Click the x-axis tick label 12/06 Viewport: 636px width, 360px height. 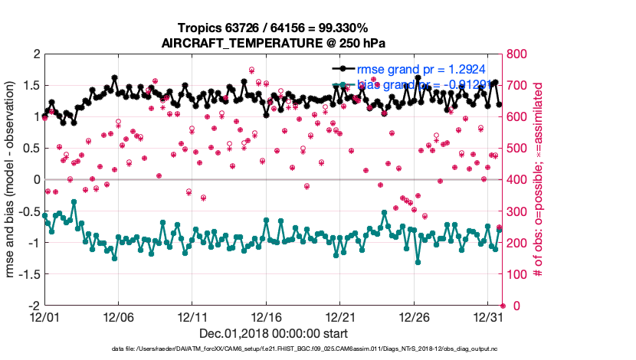[x=118, y=316]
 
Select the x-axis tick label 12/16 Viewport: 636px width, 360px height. [x=266, y=316]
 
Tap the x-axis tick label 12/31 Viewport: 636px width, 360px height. [x=488, y=316]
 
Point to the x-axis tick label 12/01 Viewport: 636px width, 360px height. [x=44, y=316]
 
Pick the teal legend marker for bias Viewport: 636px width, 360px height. [x=339, y=84]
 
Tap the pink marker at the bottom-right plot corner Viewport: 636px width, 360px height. [x=503, y=306]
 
